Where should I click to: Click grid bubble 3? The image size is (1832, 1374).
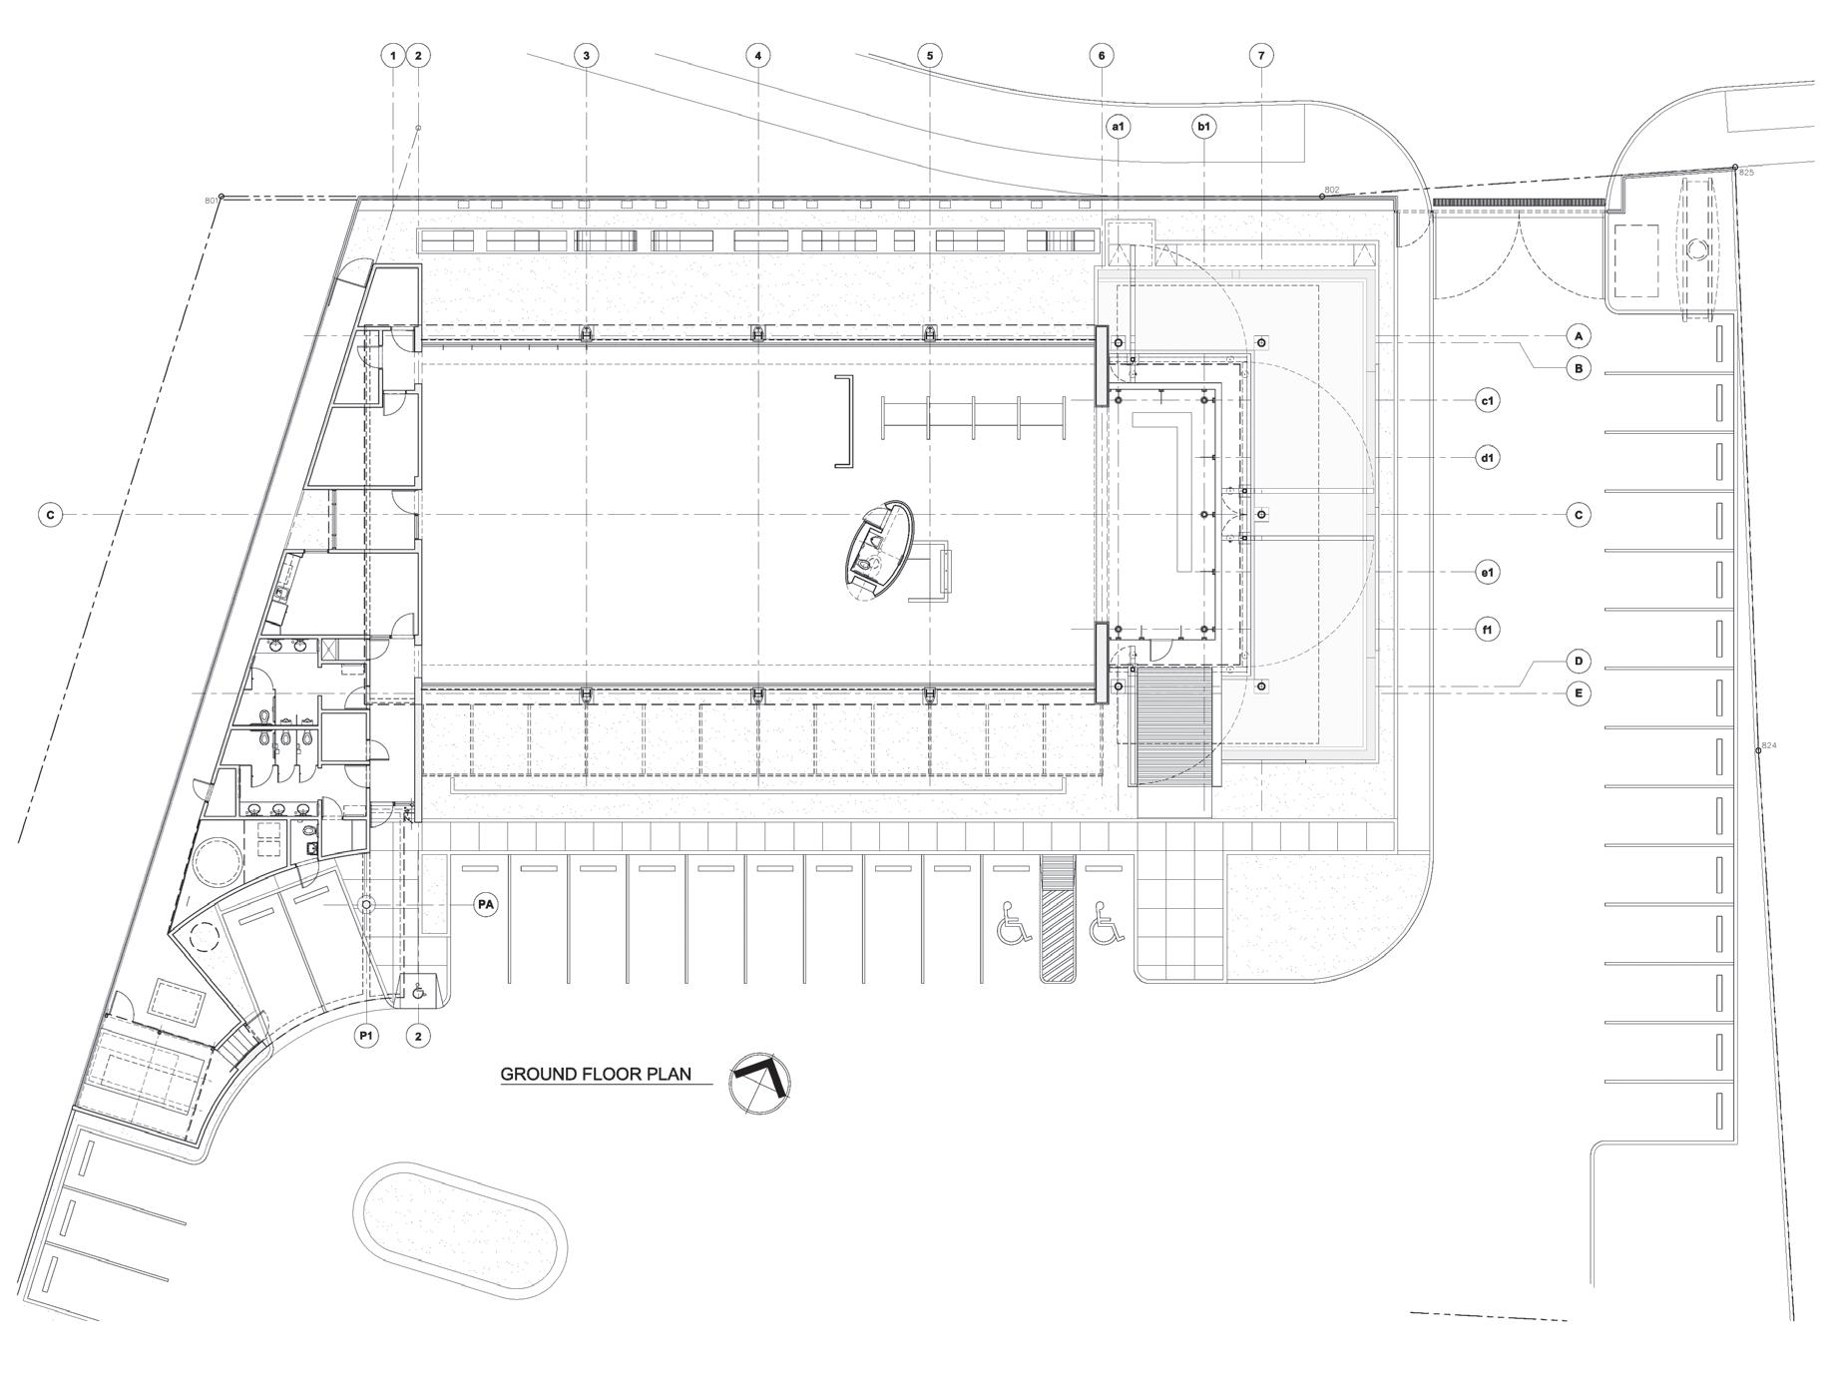[587, 56]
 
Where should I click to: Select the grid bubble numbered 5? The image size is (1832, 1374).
[930, 56]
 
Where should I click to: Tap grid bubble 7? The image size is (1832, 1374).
[1261, 56]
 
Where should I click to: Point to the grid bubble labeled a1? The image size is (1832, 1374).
[1118, 127]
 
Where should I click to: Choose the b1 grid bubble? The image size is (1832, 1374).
[1204, 127]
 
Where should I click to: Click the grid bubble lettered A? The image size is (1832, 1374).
[1579, 336]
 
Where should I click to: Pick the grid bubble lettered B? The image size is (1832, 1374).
[1579, 369]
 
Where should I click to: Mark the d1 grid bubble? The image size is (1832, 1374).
[1488, 458]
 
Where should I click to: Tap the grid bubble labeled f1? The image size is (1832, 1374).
[1488, 630]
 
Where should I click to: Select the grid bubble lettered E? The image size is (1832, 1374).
[1579, 692]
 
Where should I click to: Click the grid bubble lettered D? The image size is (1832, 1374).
[1579, 661]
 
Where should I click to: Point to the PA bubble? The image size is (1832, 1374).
[486, 905]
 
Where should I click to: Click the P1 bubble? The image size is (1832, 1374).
[366, 1036]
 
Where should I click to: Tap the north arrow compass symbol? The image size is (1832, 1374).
[759, 1083]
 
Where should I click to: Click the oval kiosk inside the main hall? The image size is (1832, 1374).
[879, 550]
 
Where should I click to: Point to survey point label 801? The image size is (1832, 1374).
[211, 201]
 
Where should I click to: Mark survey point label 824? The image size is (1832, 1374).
[1769, 745]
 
